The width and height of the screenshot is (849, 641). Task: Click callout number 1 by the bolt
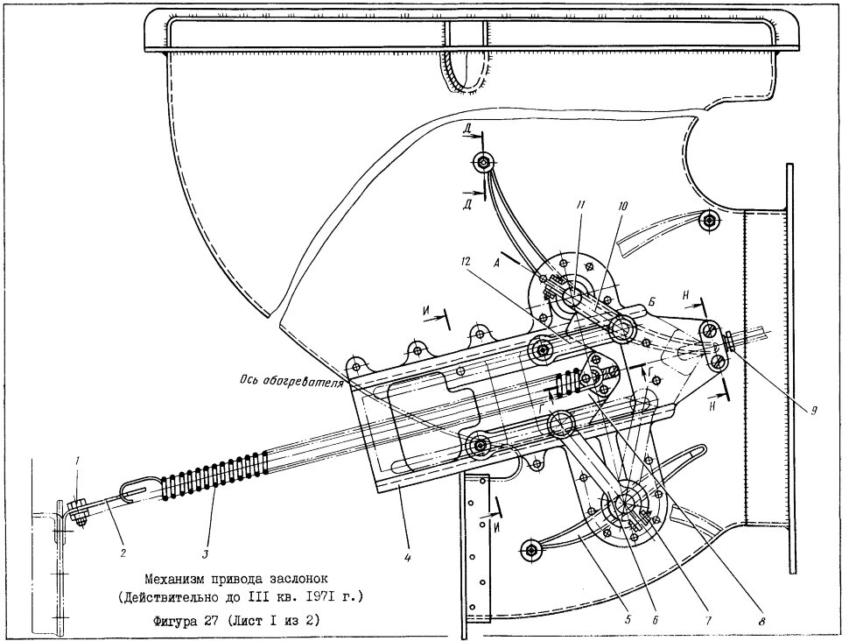pos(77,461)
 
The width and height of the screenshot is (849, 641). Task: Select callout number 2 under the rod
pos(123,553)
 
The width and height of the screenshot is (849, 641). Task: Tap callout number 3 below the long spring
pos(207,553)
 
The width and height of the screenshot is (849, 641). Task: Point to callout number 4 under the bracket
pos(408,556)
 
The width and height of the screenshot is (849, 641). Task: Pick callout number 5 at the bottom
pos(628,620)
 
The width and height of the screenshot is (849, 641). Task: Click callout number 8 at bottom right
pos(762,621)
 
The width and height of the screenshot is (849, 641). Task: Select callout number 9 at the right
pos(813,411)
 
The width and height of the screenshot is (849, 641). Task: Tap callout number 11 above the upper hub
pos(580,205)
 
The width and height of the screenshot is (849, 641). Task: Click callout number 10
pos(622,206)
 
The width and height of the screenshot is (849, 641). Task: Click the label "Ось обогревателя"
pos(292,382)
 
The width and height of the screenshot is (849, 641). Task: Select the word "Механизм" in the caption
pos(174,579)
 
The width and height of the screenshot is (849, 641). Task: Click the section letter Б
pos(652,304)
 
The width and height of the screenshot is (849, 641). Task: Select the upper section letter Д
pos(467,129)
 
